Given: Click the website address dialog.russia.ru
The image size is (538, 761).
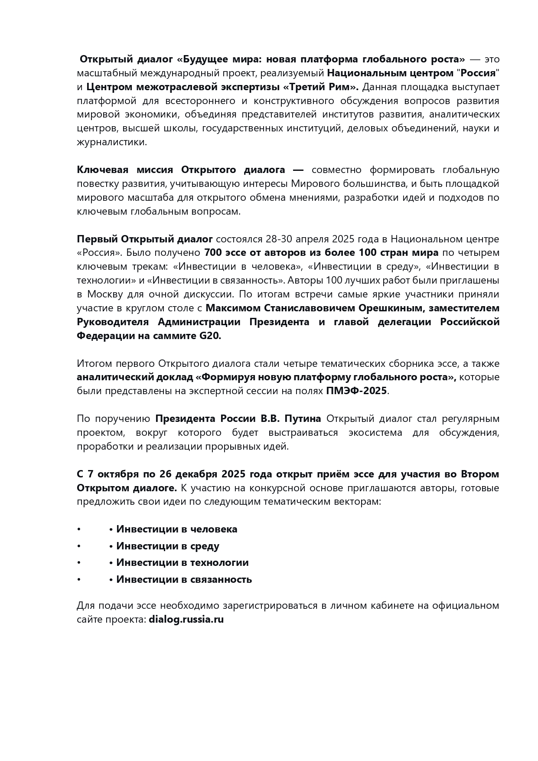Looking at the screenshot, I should [x=186, y=619].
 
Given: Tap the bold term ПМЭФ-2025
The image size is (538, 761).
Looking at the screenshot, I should [x=356, y=391].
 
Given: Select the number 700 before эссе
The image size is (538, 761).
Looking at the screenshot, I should [x=212, y=252].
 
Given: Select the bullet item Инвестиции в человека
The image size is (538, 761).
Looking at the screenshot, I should [x=176, y=529].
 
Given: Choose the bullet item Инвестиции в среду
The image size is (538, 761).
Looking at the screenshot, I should [x=167, y=546].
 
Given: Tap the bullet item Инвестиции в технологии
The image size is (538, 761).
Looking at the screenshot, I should [x=182, y=562].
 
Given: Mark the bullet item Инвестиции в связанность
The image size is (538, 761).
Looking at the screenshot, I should [x=184, y=579].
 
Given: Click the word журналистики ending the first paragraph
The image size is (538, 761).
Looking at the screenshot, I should [x=111, y=142].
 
